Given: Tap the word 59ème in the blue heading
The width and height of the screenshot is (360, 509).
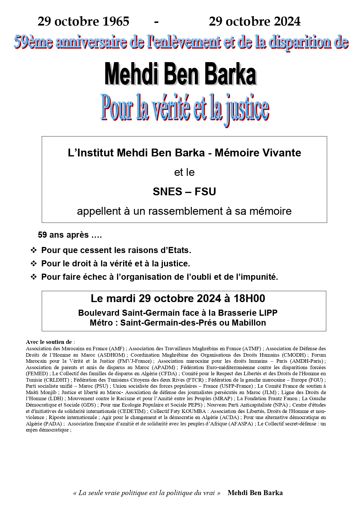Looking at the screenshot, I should coord(33,42).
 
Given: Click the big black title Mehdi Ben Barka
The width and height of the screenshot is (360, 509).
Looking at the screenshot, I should coord(180,74).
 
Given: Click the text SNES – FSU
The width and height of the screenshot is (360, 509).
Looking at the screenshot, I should coord(184,192).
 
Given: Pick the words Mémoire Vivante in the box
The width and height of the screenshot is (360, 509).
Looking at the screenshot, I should coord(258,153).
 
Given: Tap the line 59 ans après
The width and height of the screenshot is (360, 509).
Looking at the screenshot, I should coord(70,235).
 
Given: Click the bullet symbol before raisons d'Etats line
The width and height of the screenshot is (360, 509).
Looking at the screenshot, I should coord(34,250).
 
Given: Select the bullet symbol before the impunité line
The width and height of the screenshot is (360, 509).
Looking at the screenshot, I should coord(34,277).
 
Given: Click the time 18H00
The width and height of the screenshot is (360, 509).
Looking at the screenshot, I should coord(249,298).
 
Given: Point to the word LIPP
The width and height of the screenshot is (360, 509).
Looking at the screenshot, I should coord(268,313).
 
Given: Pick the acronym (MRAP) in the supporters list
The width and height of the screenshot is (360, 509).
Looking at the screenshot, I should coord(223,399).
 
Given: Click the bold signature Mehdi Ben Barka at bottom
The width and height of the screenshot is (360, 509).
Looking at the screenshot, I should coord(255,493).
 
